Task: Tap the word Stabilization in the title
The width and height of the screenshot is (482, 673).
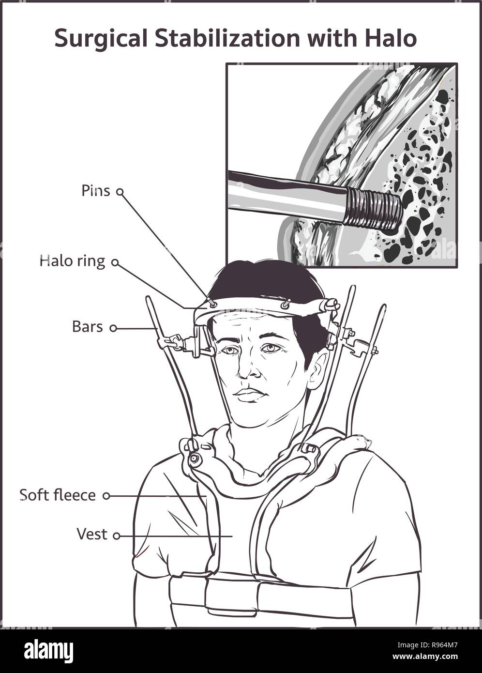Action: tap(227, 38)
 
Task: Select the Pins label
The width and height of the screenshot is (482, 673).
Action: tap(95, 190)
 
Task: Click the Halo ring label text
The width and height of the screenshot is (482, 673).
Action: tap(73, 262)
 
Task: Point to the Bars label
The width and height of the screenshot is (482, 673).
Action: tap(87, 327)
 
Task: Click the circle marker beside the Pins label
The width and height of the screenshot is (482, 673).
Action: tap(120, 191)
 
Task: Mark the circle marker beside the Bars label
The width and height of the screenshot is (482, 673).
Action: tap(113, 328)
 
